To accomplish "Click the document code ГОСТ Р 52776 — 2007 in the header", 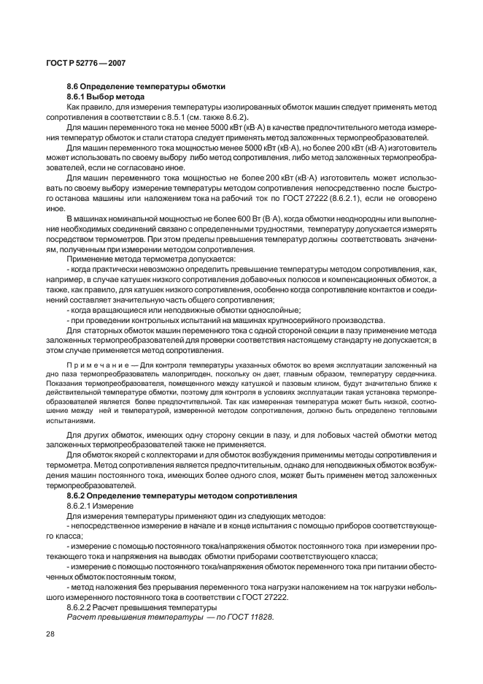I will pos(85,64).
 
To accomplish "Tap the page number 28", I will pos(51,634).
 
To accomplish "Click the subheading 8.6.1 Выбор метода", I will pos(106,96).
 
